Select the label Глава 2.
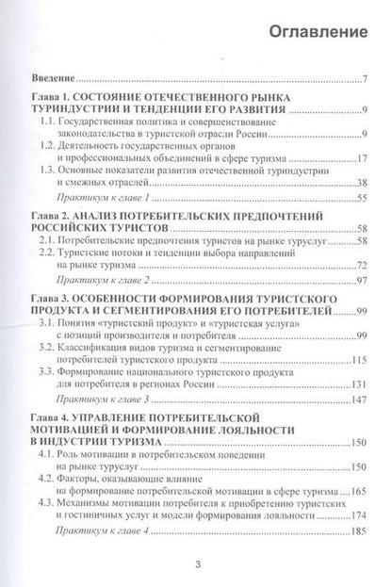point(49,216)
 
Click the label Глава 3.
point(49,297)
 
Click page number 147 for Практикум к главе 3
point(357,399)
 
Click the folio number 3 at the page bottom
point(197,565)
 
